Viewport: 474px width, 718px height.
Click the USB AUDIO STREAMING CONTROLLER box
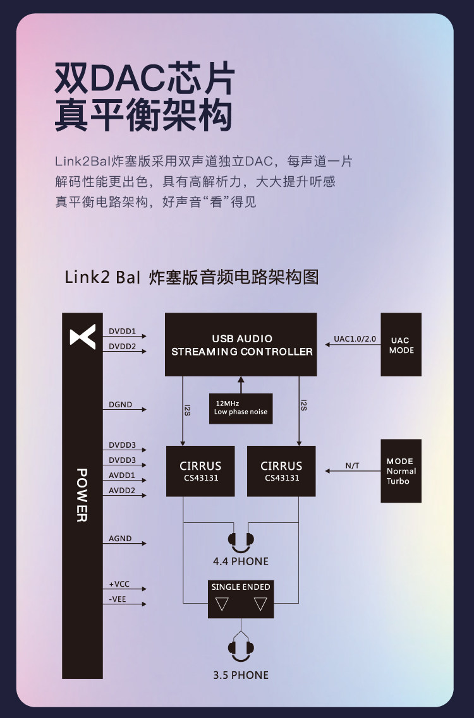pos(241,344)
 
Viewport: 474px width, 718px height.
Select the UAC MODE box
pos(401,345)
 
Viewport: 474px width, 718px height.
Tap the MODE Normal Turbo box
pos(401,471)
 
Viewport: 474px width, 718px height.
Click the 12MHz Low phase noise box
pos(241,408)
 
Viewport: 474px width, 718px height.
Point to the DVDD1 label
pos(122,331)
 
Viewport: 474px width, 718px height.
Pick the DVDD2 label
pos(122,346)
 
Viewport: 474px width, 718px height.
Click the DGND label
pos(120,405)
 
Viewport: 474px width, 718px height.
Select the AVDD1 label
pos(122,475)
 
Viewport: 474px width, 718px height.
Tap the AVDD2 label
pos(122,490)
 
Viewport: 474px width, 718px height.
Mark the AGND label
pos(120,539)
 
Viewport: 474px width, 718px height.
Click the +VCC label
pos(119,584)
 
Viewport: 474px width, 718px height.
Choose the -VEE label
pos(118,599)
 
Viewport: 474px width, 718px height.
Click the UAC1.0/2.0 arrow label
pos(355,339)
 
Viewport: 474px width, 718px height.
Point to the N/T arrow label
pos(352,466)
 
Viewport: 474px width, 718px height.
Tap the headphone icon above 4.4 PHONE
pos(241,539)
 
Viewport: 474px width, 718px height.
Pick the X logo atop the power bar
pos(83,337)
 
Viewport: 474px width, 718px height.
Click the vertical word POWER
pos(82,495)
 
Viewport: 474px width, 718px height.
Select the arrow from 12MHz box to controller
pos(241,385)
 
